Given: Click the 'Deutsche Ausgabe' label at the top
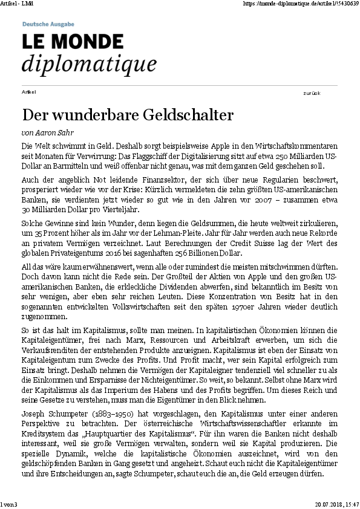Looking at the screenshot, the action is point(48,24).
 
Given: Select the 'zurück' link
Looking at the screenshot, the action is point(312,93).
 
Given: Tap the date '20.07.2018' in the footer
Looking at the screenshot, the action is point(327,504).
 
